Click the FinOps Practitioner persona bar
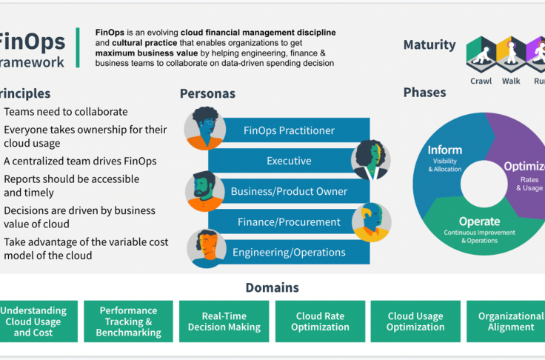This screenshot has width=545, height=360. coord(289,131)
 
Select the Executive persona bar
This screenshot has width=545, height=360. coord(289,161)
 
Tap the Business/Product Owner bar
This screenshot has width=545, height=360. coord(289,191)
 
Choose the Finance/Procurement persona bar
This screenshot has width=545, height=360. coord(289,221)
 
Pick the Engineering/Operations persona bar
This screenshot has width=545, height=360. coord(289,252)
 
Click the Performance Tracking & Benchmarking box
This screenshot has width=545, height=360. coord(129,321)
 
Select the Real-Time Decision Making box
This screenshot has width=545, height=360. coord(224,321)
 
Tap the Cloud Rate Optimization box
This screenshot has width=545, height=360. coord(320,321)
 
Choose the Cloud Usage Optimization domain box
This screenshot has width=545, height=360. coord(415,321)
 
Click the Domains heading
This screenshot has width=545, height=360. coord(272,287)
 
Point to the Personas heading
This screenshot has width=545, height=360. coord(207,94)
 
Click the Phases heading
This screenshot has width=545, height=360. coord(424,93)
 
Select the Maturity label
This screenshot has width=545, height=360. coord(429,45)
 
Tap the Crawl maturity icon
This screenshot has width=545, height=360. coord(481,54)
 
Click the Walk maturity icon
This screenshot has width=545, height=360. coord(511,54)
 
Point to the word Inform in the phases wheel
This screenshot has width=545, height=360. coord(445,151)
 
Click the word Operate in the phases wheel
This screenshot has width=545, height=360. coord(479,221)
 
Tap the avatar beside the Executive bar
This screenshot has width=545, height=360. coord(371,159)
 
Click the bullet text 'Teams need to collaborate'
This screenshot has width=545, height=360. coord(66,112)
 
